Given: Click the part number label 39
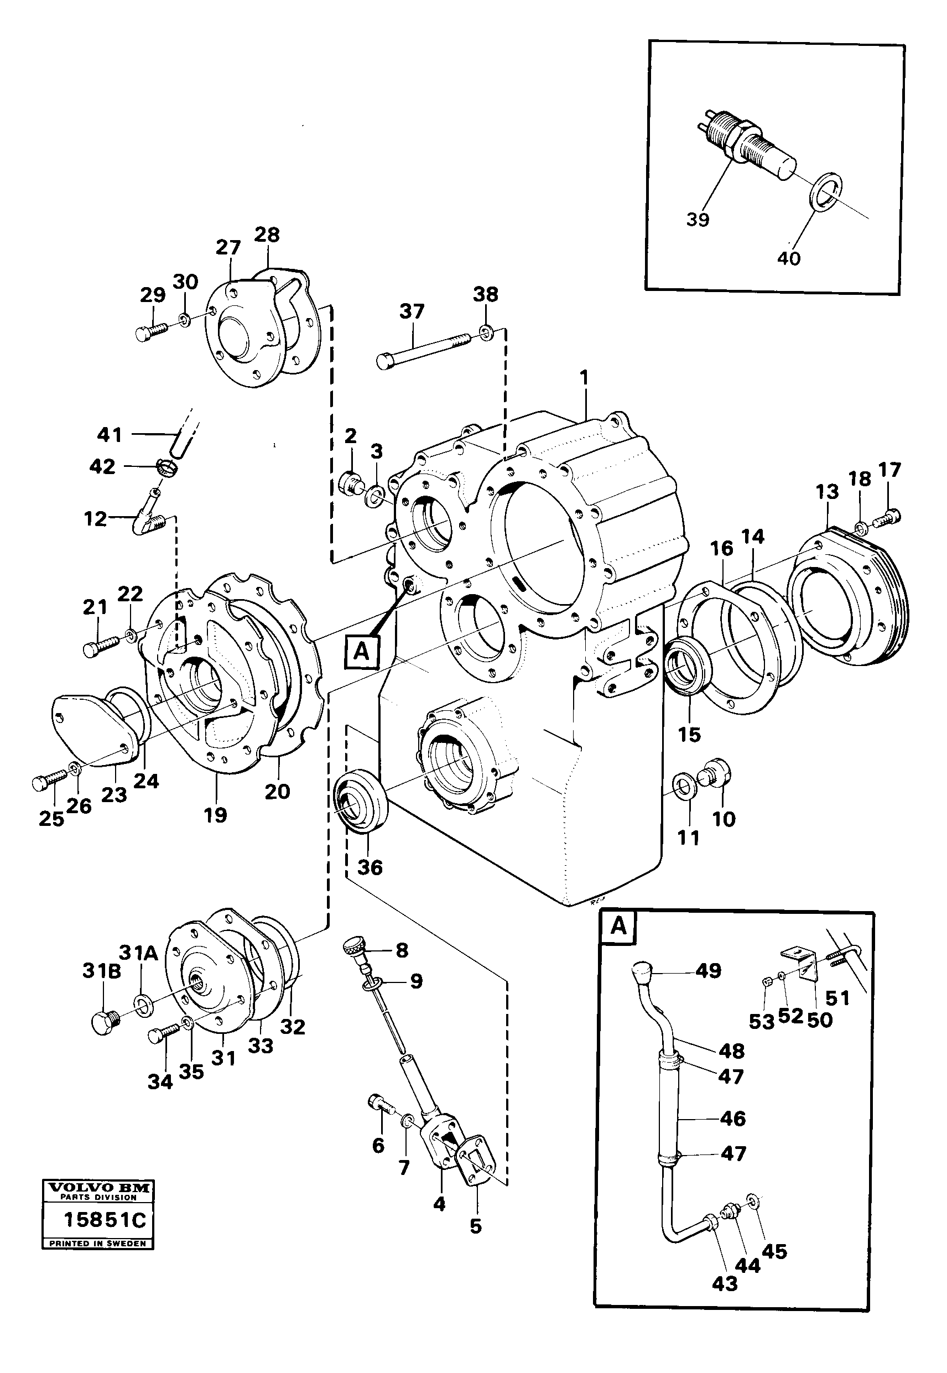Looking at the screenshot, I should pyautogui.click(x=697, y=220).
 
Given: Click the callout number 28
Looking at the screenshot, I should pyautogui.click(x=267, y=235).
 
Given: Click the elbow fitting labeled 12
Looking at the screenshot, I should pyautogui.click(x=149, y=521).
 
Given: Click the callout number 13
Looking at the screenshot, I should pyautogui.click(x=827, y=492).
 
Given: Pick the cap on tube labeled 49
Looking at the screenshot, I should pyautogui.click(x=643, y=971).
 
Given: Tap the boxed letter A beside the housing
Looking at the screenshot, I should pyautogui.click(x=361, y=652).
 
